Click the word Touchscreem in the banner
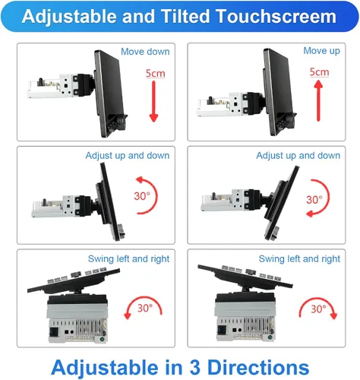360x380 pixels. (276, 17)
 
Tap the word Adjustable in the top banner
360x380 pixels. (69, 17)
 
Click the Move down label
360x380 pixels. (145, 52)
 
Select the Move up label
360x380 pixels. (322, 51)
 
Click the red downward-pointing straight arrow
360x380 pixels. (153, 101)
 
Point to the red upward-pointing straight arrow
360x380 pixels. (318, 100)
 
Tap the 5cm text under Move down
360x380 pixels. (156, 74)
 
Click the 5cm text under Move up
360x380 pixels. (320, 72)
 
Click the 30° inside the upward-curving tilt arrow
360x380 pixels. (142, 196)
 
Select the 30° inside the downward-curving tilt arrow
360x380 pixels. (314, 200)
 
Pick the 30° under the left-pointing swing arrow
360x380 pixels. (145, 308)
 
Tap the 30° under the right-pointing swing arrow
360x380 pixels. (318, 309)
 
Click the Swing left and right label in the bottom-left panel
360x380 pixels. (128, 259)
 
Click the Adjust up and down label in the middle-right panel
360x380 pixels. (298, 155)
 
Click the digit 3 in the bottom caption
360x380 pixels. (194, 367)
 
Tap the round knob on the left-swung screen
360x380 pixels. (76, 274)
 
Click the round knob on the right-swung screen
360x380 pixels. (251, 271)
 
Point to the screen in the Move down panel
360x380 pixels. (109, 93)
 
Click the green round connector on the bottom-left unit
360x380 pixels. (103, 339)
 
